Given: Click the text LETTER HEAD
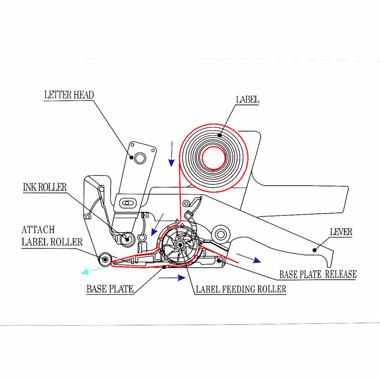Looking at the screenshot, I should pos(69,95).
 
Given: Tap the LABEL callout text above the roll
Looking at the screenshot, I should pos(247,100).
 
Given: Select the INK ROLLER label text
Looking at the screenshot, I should pos(45,187).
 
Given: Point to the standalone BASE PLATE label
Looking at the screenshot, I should pos(110,288).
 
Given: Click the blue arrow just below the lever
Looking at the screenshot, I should pos(248,258).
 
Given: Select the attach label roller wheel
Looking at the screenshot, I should pos(105,259).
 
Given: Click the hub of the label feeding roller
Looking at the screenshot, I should pos(180,244).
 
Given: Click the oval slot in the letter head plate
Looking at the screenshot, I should pos(126,203).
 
